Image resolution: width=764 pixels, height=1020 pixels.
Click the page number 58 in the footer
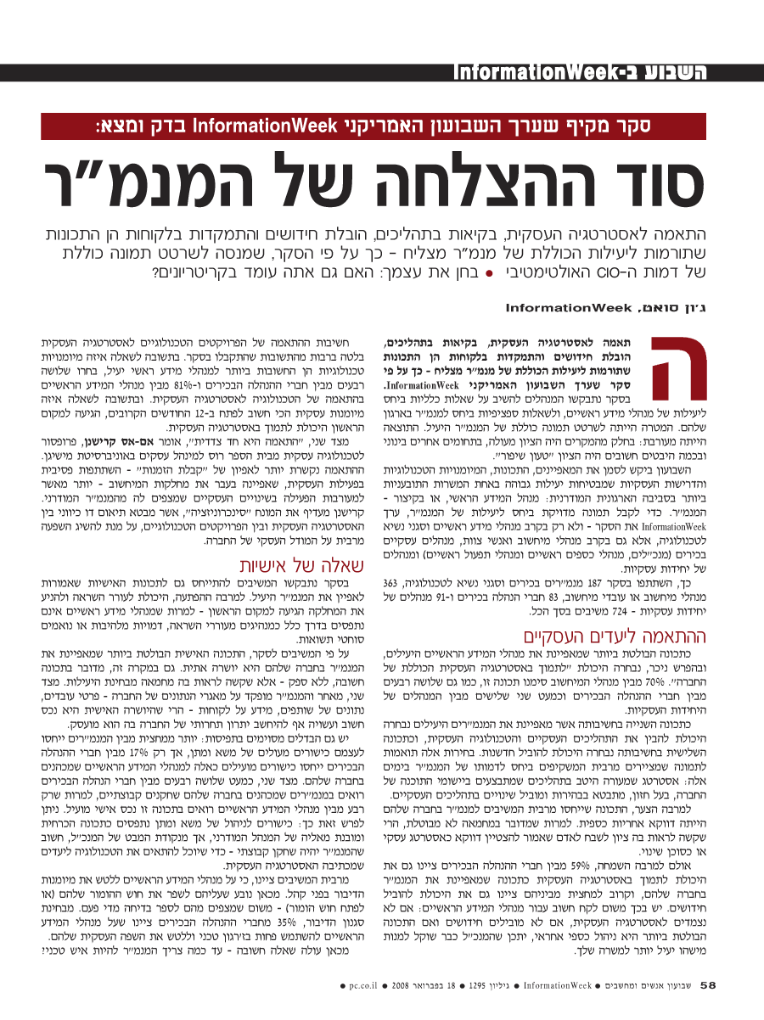709,986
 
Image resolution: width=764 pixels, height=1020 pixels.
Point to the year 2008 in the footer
404,986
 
